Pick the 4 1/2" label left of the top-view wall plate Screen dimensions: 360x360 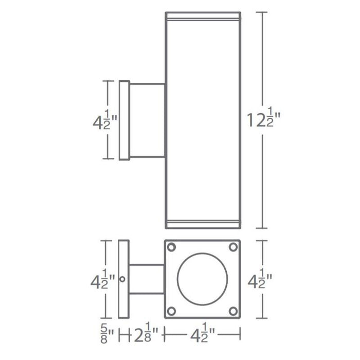point(101,281)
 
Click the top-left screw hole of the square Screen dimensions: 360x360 point(172,247)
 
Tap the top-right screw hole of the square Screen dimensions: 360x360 point(233,247)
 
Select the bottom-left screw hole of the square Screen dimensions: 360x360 point(172,310)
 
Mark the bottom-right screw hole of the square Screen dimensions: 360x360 point(233,310)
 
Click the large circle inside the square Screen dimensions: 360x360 point(202,279)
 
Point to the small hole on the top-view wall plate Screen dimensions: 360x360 point(122,279)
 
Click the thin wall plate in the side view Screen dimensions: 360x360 point(123,120)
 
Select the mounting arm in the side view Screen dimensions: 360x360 point(147,120)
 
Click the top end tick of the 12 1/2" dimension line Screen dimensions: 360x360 point(263,12)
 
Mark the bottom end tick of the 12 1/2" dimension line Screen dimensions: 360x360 point(263,228)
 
